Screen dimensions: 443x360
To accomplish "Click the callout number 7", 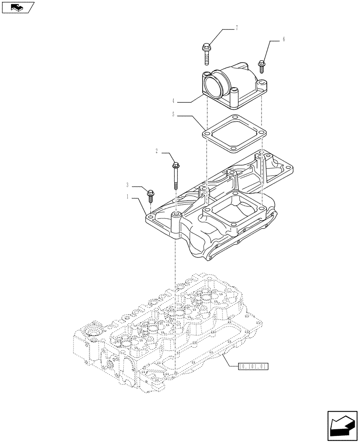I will click(x=236, y=28).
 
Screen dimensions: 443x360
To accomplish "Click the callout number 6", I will click(x=283, y=39).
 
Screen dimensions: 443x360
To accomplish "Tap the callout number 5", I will click(x=173, y=115).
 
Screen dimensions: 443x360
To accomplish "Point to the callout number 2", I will click(x=157, y=151).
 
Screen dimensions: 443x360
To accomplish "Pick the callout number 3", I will click(x=128, y=186).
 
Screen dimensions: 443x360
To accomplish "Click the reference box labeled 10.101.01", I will click(x=254, y=366).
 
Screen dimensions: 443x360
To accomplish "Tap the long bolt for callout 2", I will click(x=176, y=175).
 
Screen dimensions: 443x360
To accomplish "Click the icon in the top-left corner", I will click(x=18, y=8).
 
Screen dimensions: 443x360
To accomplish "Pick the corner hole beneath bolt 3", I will click(x=151, y=218).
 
